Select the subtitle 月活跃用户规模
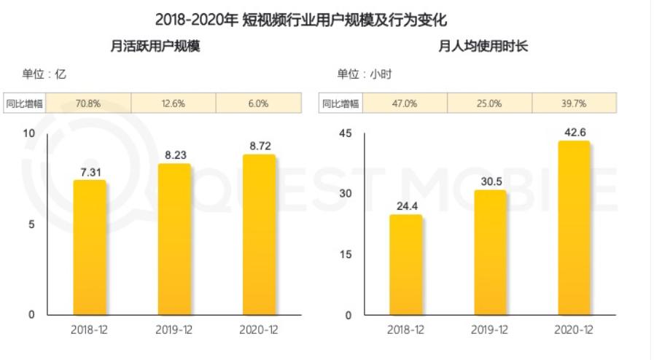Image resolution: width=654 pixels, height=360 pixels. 155,46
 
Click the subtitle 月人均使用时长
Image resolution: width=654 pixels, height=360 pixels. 483,46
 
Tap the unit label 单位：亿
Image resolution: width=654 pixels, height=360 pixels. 44,74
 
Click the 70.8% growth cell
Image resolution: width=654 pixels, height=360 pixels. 88,103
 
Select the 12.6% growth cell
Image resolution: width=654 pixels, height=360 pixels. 174,103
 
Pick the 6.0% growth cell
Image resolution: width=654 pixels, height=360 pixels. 258,103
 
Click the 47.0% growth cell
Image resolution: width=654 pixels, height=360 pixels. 405,103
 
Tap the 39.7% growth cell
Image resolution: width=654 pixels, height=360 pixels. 574,103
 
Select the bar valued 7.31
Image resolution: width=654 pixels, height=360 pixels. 90,248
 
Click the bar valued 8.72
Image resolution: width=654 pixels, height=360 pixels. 259,235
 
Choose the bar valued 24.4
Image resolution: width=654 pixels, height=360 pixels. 405,265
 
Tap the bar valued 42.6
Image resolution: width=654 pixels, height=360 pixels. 574,228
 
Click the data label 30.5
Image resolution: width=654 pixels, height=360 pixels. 490,181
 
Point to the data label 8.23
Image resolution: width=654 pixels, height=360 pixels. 174,154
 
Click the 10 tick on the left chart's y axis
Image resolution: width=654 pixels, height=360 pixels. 29,133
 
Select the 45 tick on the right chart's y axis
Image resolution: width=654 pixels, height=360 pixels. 346,133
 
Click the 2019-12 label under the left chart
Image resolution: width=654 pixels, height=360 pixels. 174,330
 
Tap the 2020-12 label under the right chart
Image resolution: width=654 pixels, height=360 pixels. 574,330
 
